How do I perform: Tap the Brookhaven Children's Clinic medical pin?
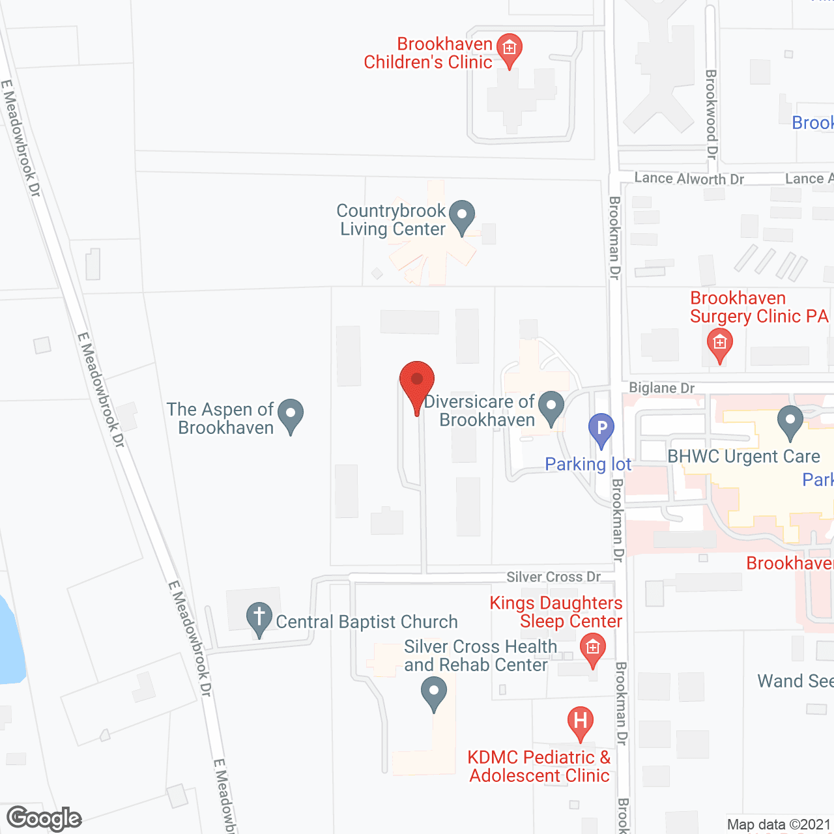pos(509,49)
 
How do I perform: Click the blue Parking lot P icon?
pos(601,429)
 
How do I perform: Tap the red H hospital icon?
pos(580,721)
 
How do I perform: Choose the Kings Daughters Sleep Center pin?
pos(592,649)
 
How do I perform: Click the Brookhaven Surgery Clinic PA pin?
pos(719,343)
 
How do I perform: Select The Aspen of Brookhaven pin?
pos(291,414)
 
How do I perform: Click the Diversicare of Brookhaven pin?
pos(551,407)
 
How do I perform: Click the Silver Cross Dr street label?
pos(553,577)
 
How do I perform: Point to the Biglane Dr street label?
pos(661,388)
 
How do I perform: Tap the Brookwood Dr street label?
pos(711,114)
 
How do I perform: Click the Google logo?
pos(44,818)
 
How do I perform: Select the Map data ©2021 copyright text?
pos(779,825)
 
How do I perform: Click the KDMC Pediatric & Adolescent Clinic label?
pos(539,766)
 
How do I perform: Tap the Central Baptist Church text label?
pos(367,622)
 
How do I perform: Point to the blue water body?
pos(9,645)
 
